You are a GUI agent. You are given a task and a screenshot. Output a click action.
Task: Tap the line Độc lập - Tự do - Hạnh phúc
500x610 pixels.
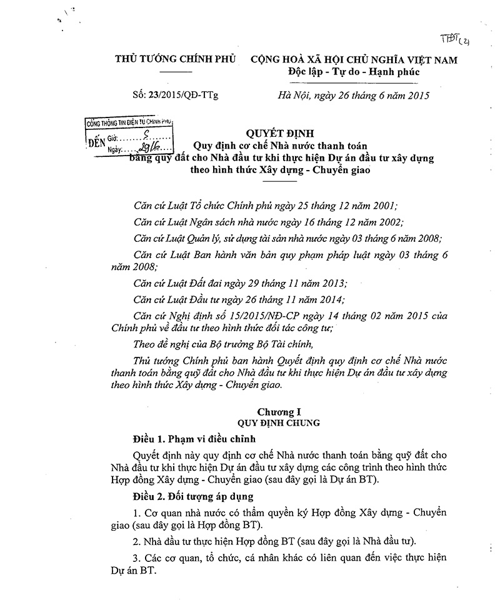pyautogui.click(x=354, y=73)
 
